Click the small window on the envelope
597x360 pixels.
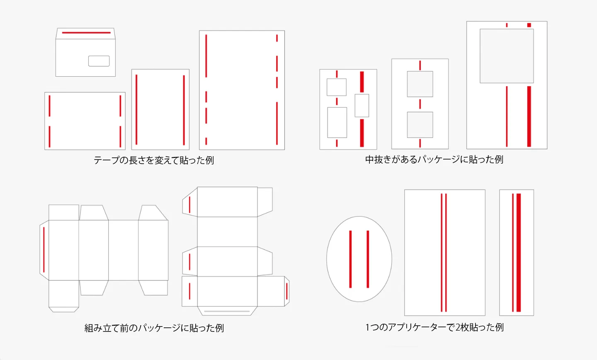99,61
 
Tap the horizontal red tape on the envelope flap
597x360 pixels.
86,32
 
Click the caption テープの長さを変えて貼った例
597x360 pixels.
154,160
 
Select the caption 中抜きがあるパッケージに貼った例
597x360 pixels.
434,159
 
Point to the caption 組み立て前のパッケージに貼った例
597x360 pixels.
154,328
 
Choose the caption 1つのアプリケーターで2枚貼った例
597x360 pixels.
434,327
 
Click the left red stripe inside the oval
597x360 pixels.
350,259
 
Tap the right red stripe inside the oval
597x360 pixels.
368,259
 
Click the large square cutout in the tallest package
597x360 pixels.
507,56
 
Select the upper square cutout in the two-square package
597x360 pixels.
420,84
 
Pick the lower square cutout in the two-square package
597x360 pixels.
420,125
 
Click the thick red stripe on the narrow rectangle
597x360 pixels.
518,252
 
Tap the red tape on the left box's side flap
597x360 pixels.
44,250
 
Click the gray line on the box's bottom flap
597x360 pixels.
227,311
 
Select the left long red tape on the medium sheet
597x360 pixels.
136,109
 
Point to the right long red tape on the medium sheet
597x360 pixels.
184,110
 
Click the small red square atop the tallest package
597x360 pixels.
529,25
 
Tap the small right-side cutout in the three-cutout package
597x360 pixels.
362,106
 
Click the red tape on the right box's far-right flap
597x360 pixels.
286,291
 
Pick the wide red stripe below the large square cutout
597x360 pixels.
529,116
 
